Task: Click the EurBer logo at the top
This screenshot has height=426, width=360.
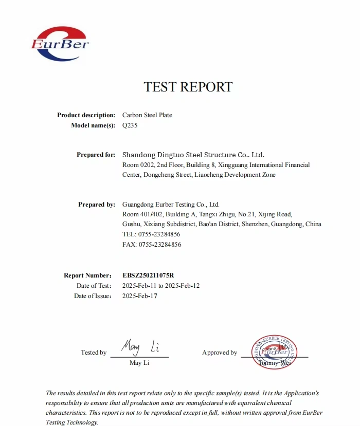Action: pyautogui.click(x=60, y=44)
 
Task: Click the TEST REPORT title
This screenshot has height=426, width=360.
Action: pyautogui.click(x=188, y=87)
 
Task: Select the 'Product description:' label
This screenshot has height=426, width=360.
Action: pyautogui.click(x=86, y=115)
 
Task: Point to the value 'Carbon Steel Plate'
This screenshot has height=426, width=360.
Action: pyautogui.click(x=147, y=115)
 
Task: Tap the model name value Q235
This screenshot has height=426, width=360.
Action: pyautogui.click(x=130, y=125)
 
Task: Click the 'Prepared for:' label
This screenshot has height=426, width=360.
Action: pyautogui.click(x=96, y=155)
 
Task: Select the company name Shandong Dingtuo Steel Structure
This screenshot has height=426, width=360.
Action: pyautogui.click(x=193, y=155)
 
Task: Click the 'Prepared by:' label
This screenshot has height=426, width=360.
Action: pyautogui.click(x=96, y=205)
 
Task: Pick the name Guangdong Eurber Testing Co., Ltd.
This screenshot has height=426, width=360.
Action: pyautogui.click(x=171, y=205)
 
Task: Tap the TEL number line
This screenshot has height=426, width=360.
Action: pyautogui.click(x=152, y=234)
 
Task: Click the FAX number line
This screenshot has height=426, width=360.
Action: pyautogui.click(x=152, y=245)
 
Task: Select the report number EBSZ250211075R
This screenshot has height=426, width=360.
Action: pyautogui.click(x=152, y=275)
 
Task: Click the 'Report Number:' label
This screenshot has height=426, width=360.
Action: pyautogui.click(x=87, y=275)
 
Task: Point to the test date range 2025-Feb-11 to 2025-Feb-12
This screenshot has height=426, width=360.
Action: pyautogui.click(x=161, y=286)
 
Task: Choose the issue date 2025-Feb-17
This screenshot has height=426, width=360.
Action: pyautogui.click(x=139, y=296)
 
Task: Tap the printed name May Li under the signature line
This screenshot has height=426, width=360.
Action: pyautogui.click(x=139, y=363)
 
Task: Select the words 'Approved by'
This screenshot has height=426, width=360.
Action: pyautogui.click(x=220, y=353)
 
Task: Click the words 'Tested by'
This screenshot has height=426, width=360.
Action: pyautogui.click(x=94, y=353)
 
